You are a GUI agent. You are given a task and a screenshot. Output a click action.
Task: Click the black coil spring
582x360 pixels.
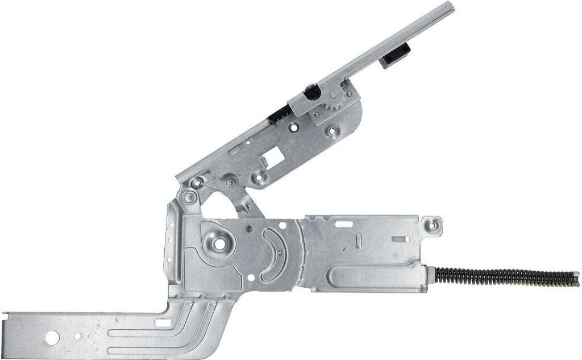pos(500,277)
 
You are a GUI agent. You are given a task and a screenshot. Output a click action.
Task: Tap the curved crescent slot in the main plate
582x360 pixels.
pos(269,256)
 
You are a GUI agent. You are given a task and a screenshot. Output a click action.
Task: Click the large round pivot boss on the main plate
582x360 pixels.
pos(218,243)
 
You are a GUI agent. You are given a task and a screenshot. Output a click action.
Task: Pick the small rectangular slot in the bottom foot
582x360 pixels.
pos(161,323)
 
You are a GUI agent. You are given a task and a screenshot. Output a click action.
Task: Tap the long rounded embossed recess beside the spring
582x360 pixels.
pos(375,279)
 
